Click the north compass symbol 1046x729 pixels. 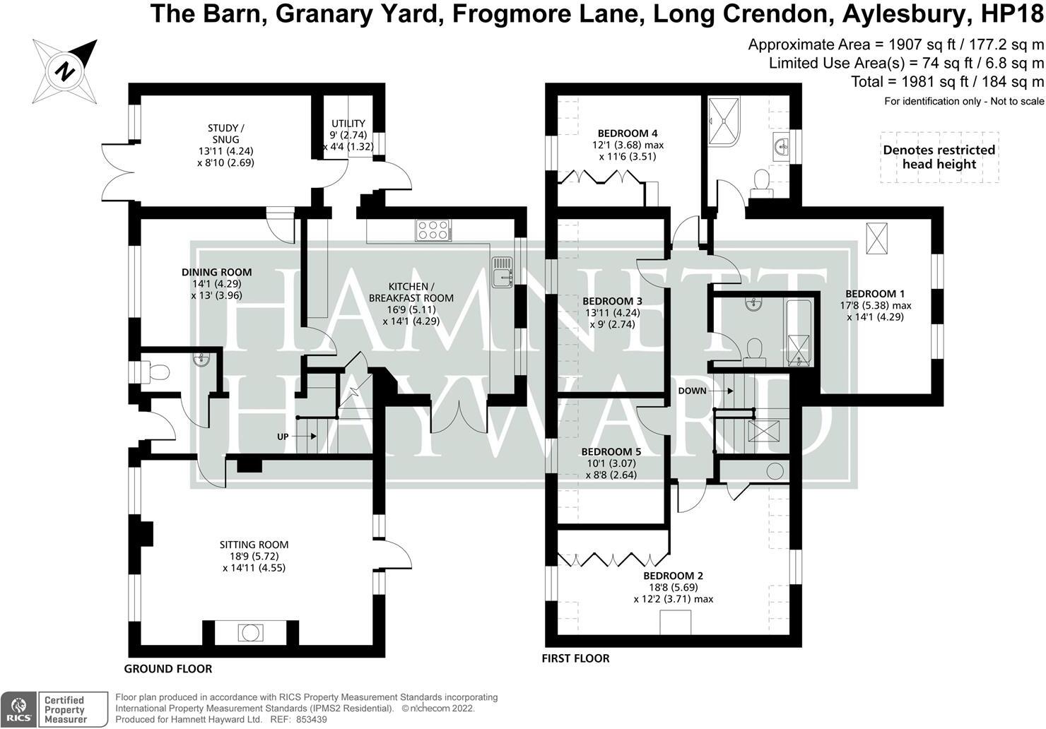[65, 71]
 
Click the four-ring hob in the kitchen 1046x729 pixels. [433, 230]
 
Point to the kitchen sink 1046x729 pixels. [503, 273]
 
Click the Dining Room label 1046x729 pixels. [216, 272]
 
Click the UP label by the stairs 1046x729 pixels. [283, 437]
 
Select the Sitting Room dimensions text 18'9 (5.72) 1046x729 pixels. [254, 556]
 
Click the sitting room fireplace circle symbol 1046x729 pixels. [249, 632]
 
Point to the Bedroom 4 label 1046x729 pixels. [628, 133]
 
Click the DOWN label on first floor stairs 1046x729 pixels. [692, 391]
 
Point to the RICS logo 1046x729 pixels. [18, 709]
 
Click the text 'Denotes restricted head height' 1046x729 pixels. [939, 157]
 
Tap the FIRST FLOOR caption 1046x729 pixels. [575, 658]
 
